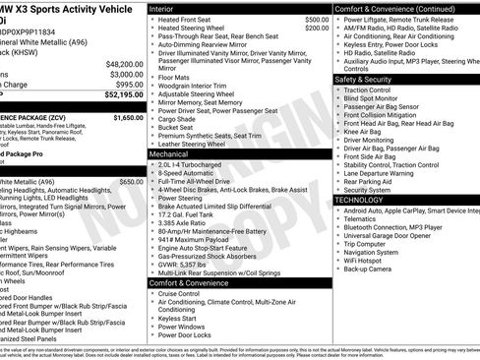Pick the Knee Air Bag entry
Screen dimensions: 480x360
tap(364, 131)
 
